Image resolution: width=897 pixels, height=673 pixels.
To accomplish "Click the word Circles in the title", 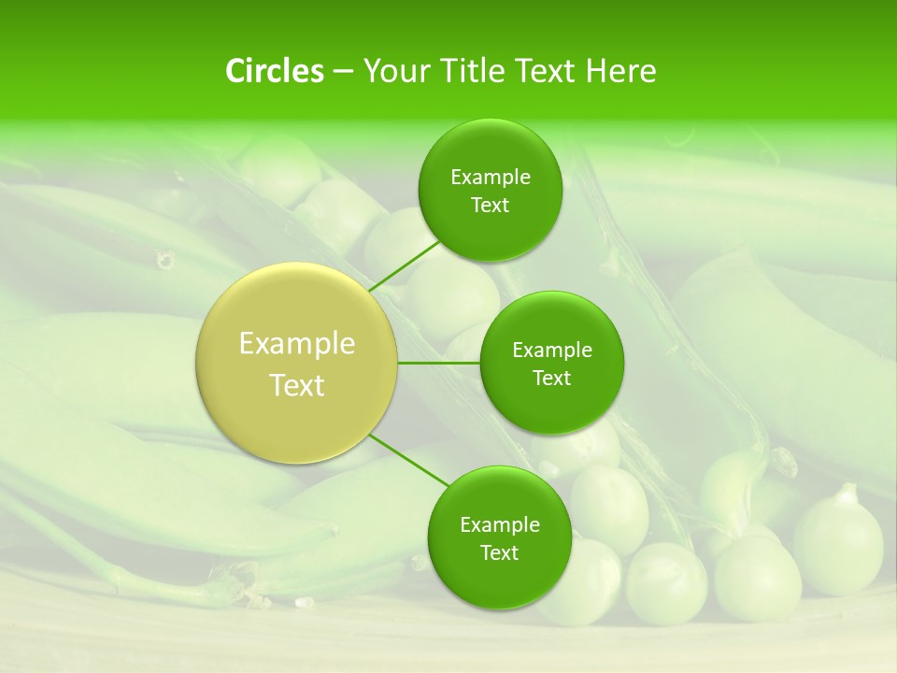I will click(275, 71).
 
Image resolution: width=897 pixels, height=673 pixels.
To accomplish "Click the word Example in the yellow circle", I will click(297, 344).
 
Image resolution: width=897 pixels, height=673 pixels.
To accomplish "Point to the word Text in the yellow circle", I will click(297, 385).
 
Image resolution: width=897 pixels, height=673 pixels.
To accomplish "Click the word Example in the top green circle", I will click(491, 178).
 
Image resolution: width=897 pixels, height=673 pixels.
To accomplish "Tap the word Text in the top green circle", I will click(490, 206).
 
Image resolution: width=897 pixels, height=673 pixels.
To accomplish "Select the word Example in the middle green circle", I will click(552, 351).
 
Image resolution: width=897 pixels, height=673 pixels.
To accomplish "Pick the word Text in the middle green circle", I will click(551, 379).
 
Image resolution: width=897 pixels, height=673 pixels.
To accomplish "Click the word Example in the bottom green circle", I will click(500, 525).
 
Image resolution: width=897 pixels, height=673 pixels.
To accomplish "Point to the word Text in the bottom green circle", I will click(499, 553).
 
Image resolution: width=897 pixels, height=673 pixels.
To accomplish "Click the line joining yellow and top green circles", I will click(405, 266).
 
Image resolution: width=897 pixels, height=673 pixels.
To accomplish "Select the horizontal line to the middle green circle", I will click(439, 363).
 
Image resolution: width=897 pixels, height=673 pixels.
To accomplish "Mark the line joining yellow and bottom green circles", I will click(409, 460).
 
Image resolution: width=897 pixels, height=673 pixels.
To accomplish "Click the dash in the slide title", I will click(343, 72).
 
